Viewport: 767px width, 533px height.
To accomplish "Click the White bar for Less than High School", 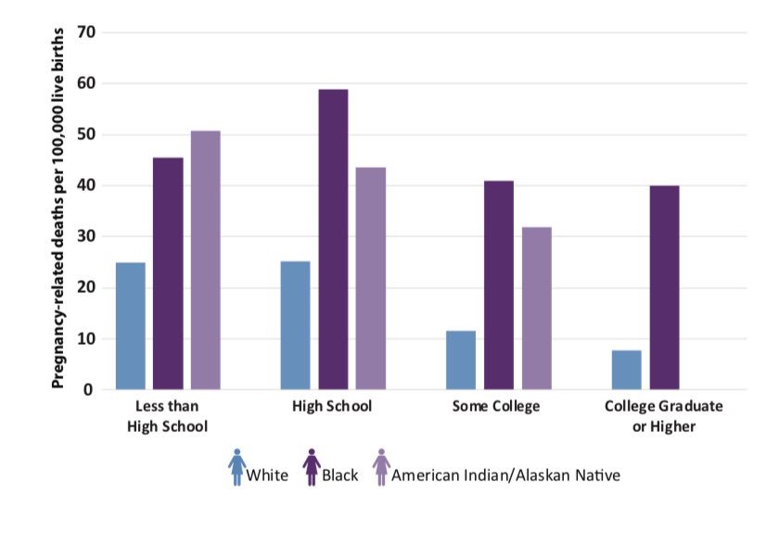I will coord(131,326).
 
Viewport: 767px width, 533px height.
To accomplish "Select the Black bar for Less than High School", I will coord(168,273).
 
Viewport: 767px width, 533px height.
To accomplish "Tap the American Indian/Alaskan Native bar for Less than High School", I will coord(206,260).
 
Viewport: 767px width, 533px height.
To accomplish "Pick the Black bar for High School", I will coord(333,239).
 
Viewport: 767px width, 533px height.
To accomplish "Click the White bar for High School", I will coord(295,325).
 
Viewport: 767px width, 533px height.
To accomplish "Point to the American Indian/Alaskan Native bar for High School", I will coord(371,278).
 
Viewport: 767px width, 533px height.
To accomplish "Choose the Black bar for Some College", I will coord(498,285).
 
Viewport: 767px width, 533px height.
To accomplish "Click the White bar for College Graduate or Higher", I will coord(626,370).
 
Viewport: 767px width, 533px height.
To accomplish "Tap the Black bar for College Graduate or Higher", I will coord(664,287).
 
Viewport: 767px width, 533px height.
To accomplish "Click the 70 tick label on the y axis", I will coord(86,32).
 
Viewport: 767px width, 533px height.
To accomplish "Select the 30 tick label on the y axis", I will coord(86,237).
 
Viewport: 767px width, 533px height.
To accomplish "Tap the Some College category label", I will coord(495,407).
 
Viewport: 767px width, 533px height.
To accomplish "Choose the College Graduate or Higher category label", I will coord(663,416).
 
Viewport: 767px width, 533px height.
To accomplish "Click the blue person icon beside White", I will coord(237,467).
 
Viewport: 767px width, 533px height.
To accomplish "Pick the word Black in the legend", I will coord(340,476).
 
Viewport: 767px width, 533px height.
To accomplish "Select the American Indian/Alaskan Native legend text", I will coord(505,476).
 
